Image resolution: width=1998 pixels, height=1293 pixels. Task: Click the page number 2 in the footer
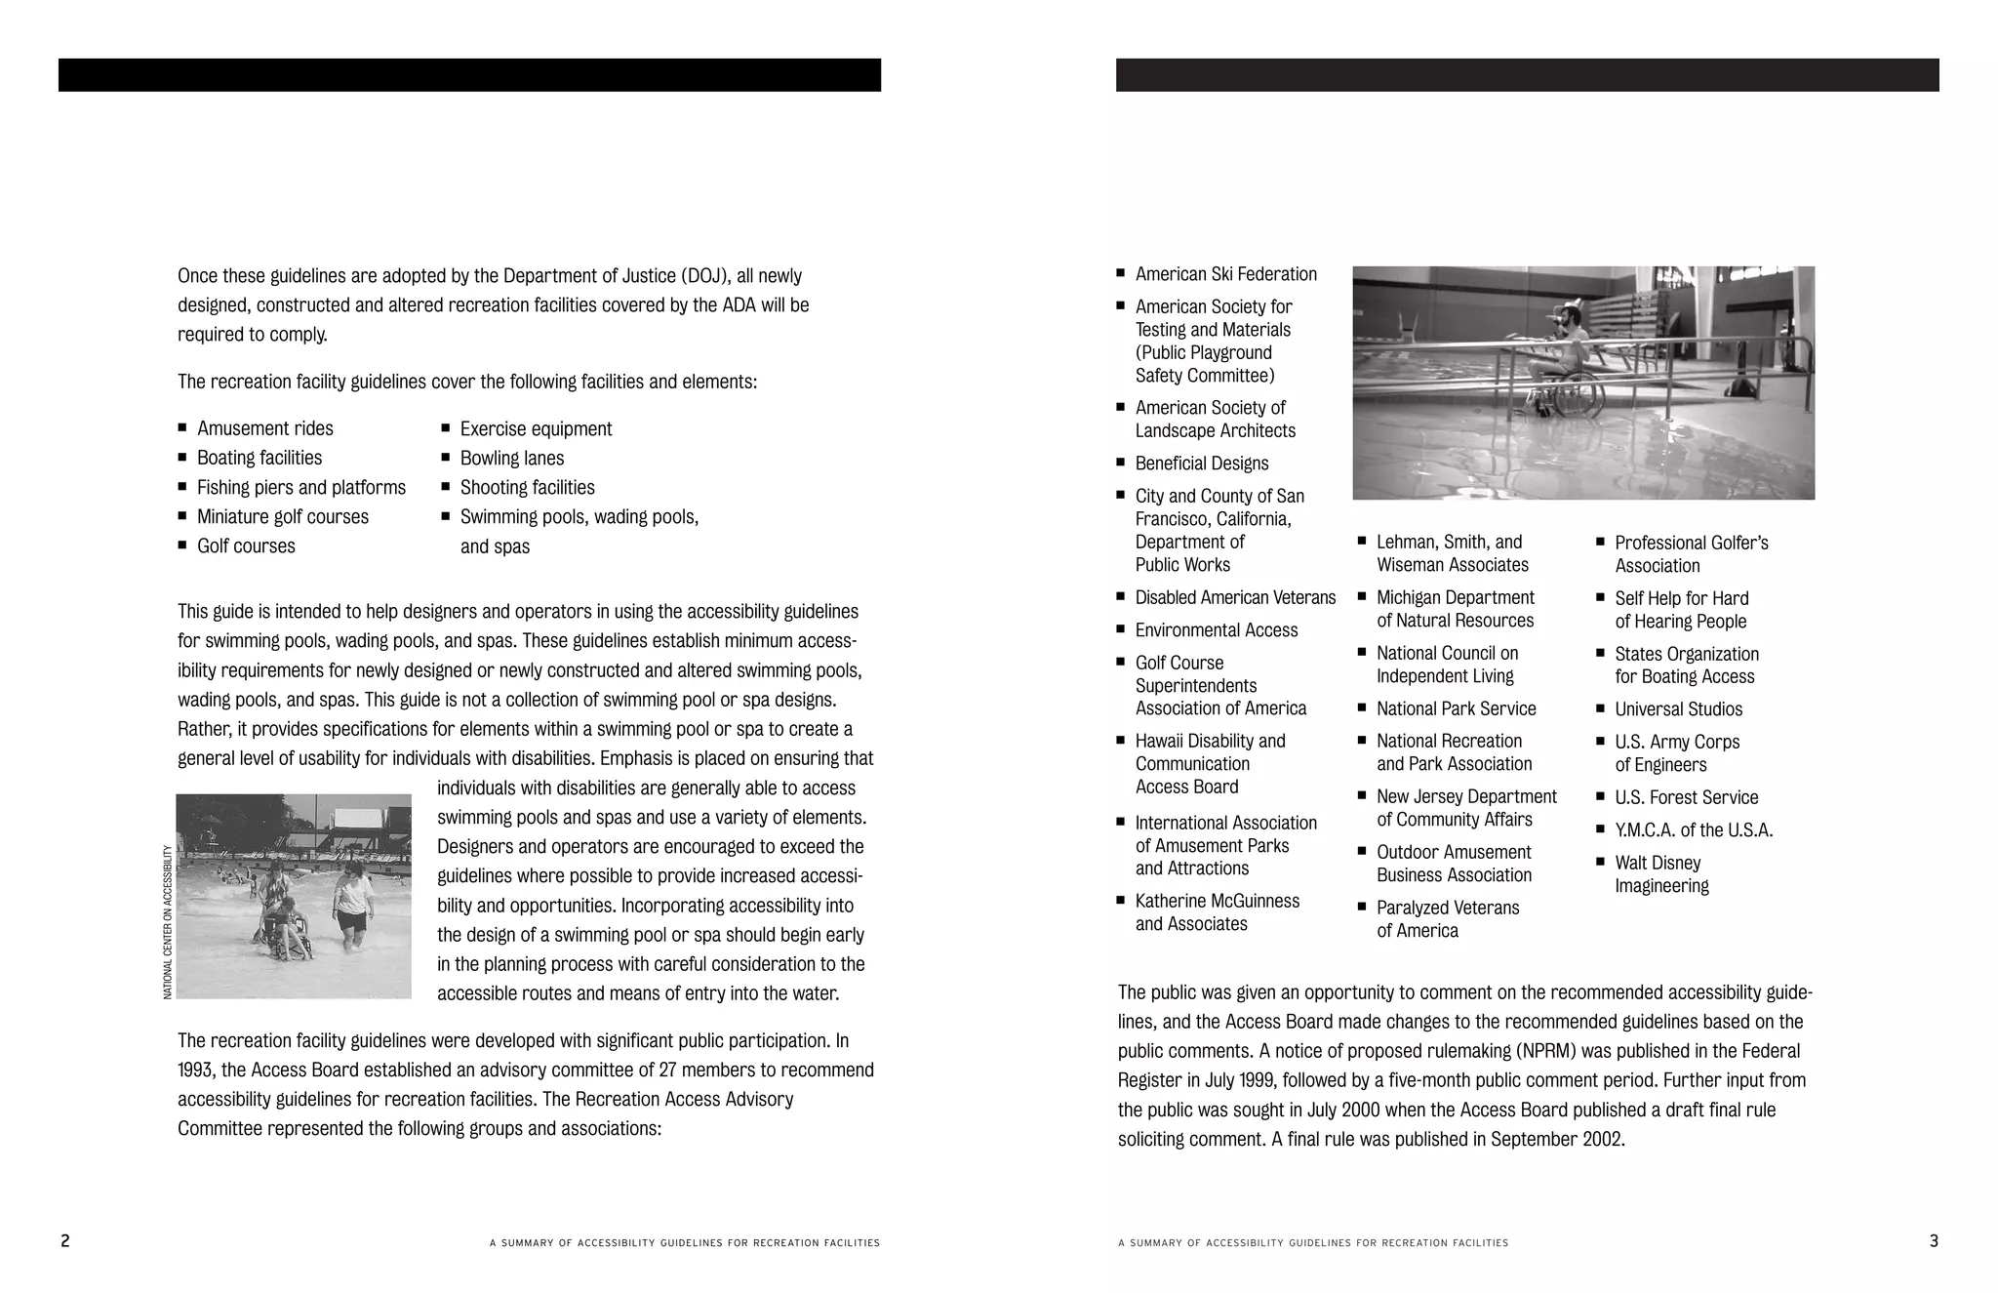65,1241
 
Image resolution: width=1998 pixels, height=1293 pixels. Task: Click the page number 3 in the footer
1934,1241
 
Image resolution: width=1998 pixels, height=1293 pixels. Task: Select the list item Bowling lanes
511,458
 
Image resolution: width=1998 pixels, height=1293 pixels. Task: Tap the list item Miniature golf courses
283,516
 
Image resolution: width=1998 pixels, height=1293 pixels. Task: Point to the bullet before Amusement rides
182,427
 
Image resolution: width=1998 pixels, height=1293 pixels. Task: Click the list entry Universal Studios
1678,709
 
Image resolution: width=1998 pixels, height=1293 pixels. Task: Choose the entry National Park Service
1456,708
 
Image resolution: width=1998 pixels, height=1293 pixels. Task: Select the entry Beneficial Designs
1202,464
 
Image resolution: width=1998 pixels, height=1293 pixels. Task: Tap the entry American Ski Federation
1225,274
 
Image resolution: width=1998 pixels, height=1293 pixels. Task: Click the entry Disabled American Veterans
1235,597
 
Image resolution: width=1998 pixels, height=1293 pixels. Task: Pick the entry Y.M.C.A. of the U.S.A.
1694,830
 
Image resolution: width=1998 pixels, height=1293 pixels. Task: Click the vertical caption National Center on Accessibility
168,921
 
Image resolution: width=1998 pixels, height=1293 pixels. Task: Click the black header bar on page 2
469,75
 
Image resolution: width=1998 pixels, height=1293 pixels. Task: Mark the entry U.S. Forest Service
1686,797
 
